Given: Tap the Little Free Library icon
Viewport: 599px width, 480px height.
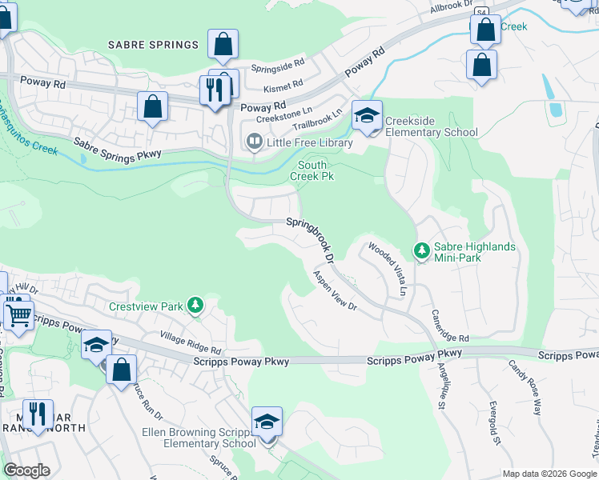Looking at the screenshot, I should tap(254, 142).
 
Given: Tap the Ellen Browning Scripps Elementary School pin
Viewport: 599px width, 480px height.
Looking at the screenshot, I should tap(267, 422).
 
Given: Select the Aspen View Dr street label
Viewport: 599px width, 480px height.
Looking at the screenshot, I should tap(334, 290).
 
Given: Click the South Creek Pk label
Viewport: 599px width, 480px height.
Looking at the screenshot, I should tap(312, 170).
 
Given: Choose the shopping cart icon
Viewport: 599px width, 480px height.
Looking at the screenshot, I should tap(18, 313).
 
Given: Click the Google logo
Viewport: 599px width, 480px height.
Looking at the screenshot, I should tap(26, 470).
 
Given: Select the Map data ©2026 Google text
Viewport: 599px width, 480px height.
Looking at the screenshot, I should tap(549, 474).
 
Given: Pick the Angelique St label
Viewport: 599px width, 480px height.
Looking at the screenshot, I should tap(440, 384).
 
